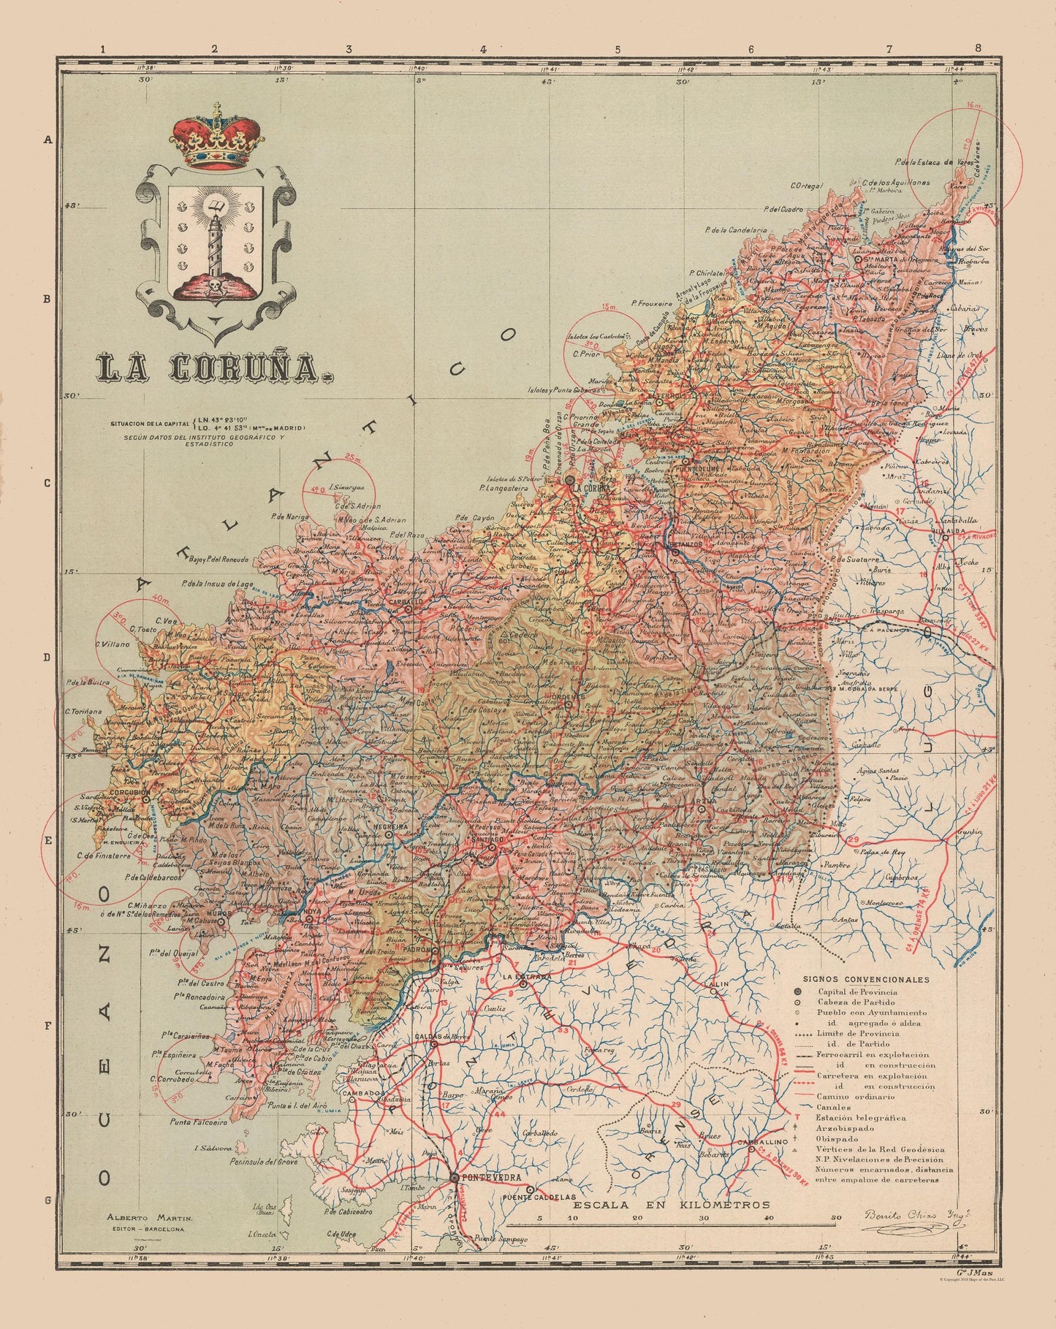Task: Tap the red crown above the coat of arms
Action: coord(217,138)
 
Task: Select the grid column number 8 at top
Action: coord(978,49)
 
